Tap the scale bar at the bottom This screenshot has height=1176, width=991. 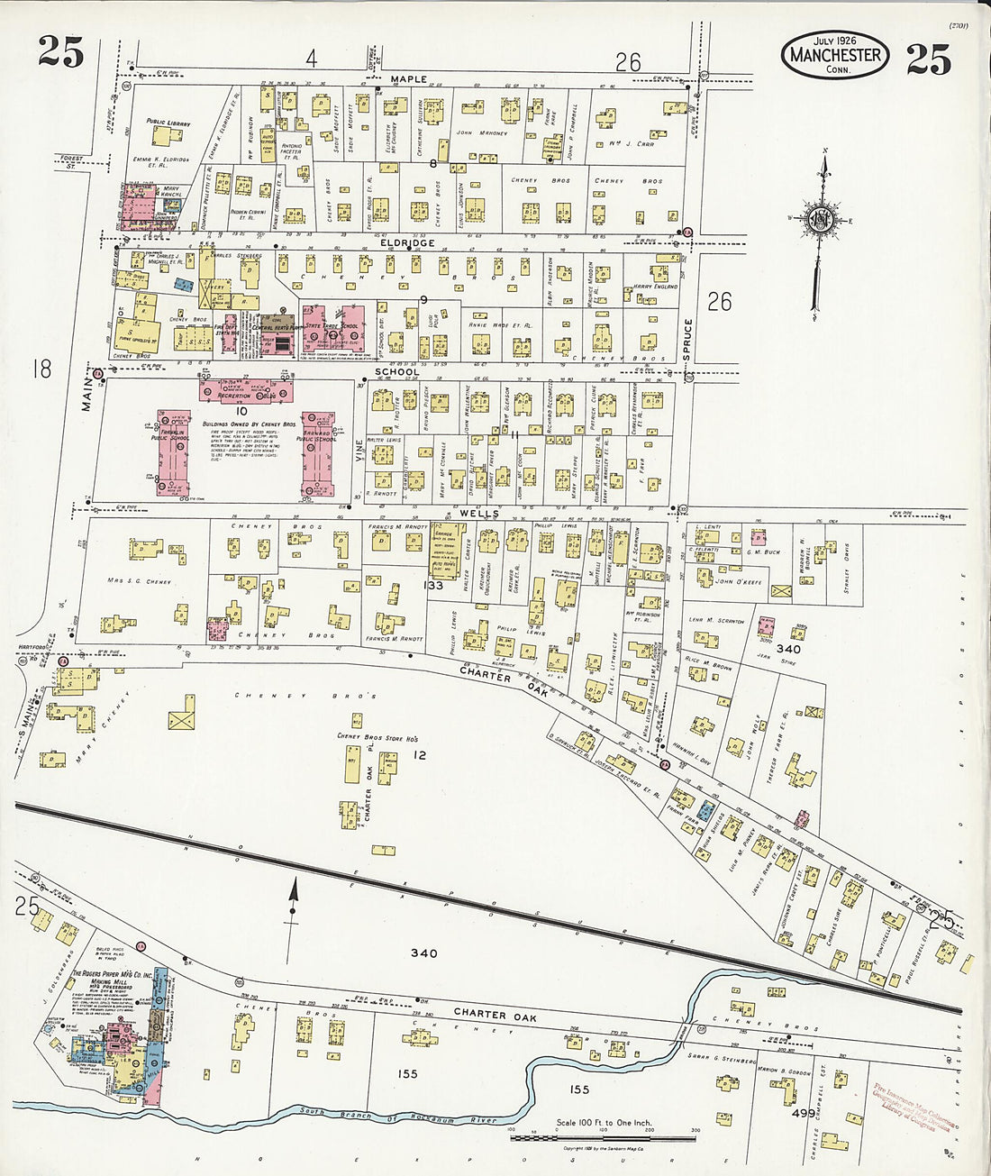[604, 1138]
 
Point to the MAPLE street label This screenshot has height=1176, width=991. [408, 79]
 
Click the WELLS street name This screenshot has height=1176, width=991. [468, 514]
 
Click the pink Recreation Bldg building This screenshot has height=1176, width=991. [246, 392]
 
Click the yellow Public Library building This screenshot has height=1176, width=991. [167, 136]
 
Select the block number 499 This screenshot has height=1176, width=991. [804, 1114]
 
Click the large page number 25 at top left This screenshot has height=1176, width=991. [61, 52]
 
